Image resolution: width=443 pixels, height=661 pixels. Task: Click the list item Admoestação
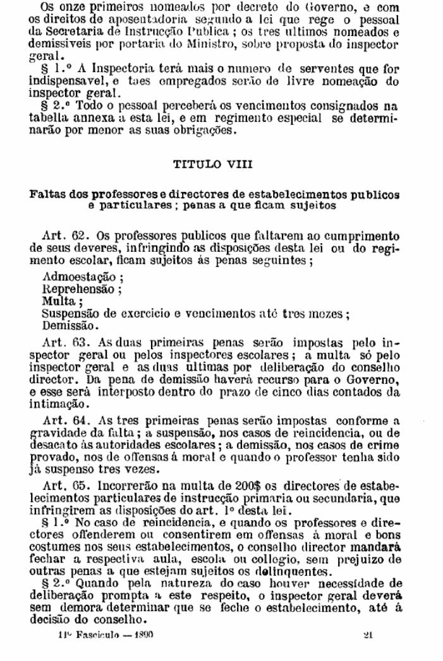82,277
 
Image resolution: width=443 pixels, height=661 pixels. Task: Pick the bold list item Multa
58,302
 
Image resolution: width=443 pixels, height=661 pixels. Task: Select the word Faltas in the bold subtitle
45,193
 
